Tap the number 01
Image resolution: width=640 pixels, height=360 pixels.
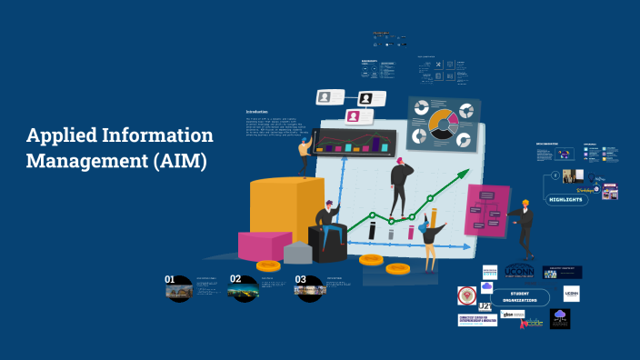pos(169,279)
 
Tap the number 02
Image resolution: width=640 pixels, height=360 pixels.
pos(235,279)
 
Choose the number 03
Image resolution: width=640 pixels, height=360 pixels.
pos(301,279)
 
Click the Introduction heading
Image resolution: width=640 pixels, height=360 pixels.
pos(257,112)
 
